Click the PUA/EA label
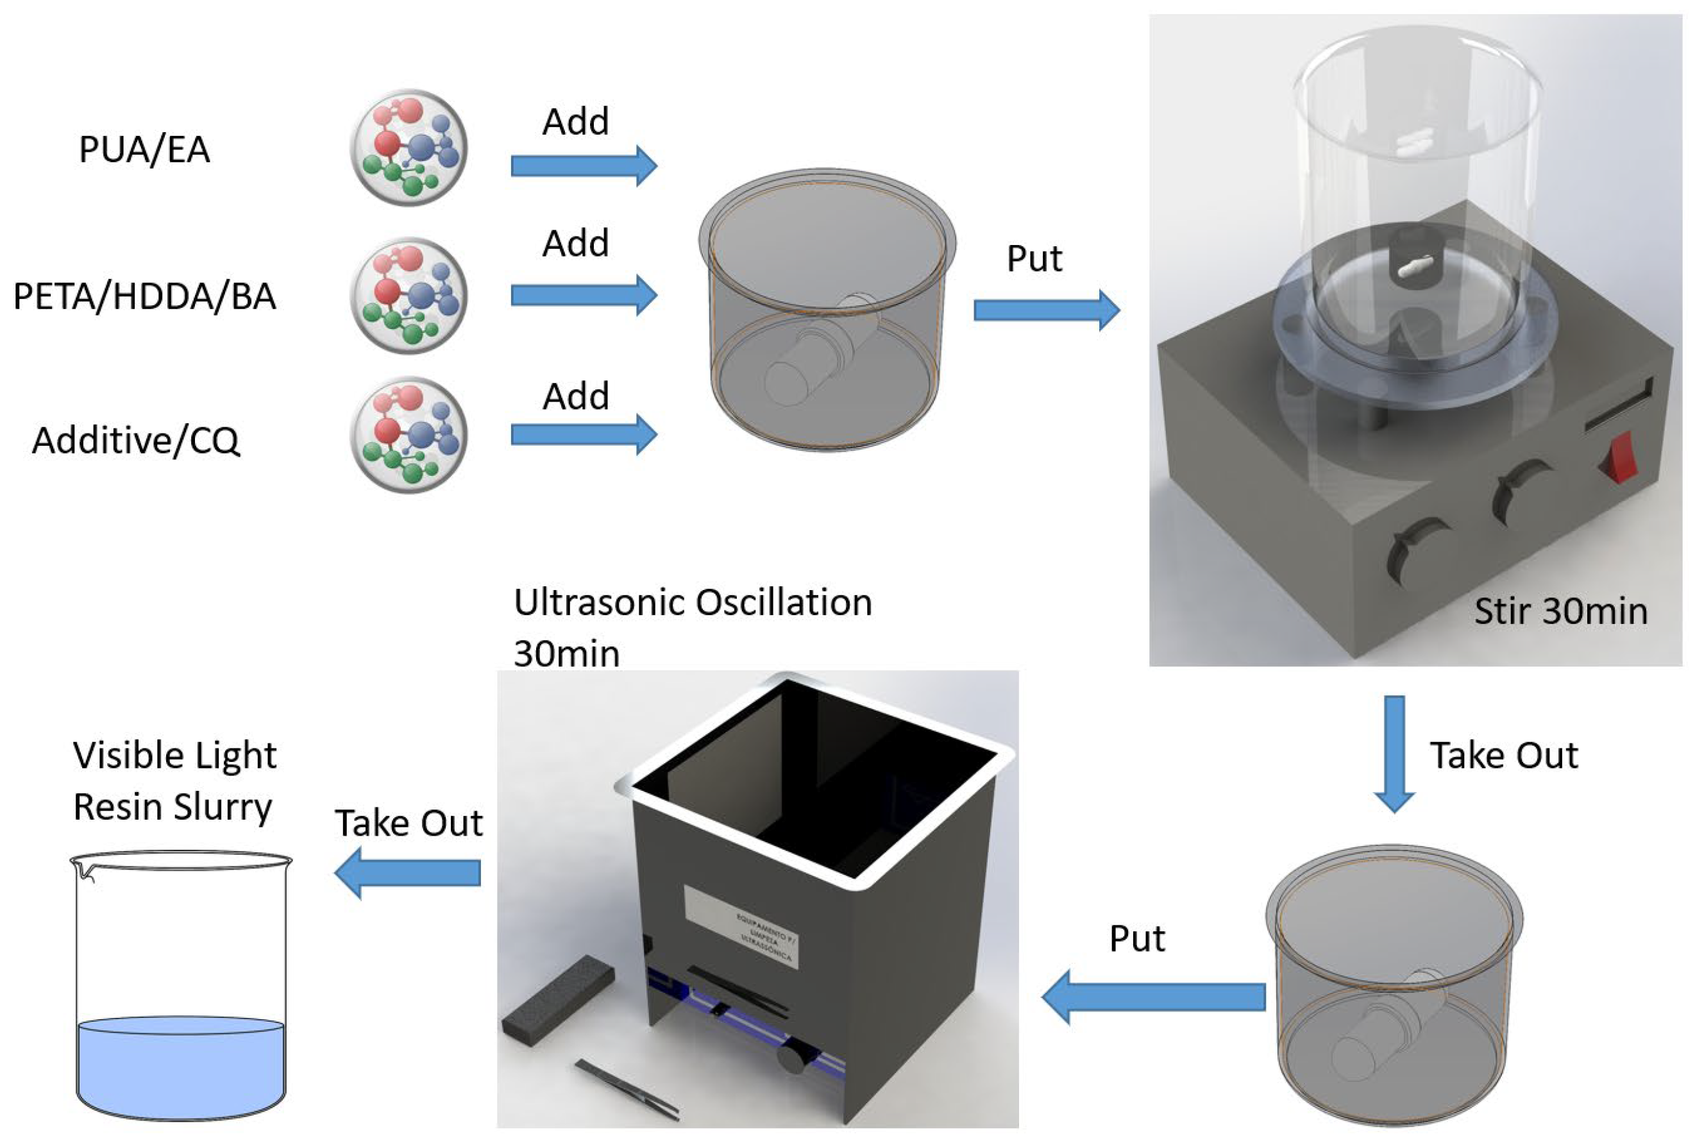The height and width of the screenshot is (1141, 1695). [144, 149]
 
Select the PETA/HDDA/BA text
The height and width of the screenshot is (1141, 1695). [144, 296]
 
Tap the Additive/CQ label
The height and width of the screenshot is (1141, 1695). [135, 440]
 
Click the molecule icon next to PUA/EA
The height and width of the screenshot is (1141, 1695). [408, 148]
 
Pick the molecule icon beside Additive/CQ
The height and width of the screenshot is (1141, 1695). [408, 435]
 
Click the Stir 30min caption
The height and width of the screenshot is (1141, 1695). [1560, 611]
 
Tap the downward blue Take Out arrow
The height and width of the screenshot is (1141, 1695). [1394, 753]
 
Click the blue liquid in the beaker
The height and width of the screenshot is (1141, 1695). [180, 1066]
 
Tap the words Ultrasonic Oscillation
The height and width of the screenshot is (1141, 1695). [692, 602]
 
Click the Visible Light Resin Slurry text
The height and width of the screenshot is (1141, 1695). [174, 781]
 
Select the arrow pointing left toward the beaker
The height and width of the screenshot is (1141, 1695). [407, 872]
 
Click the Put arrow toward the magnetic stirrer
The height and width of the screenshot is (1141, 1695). [1046, 310]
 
